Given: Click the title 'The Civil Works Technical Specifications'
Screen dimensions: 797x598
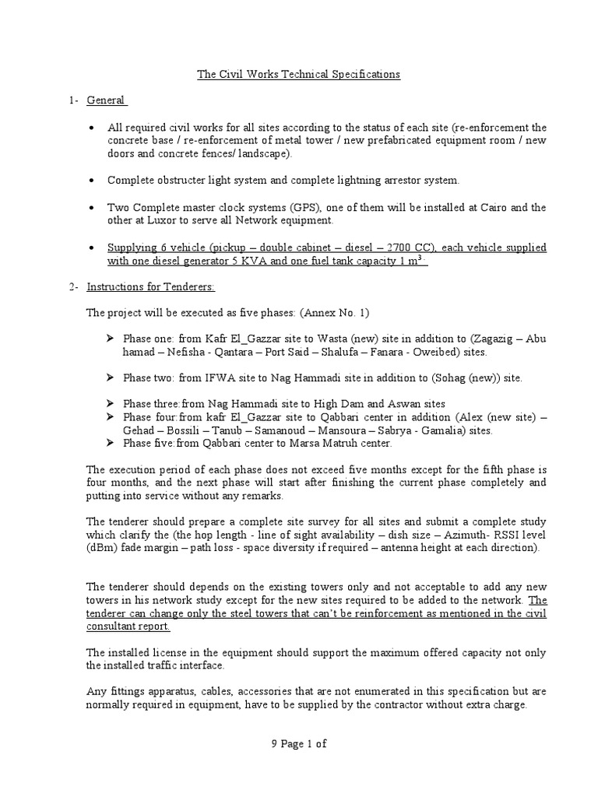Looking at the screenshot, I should [x=298, y=75].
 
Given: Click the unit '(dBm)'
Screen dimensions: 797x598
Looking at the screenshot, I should [x=102, y=547].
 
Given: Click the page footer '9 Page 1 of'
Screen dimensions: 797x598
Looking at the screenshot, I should [x=298, y=743].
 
